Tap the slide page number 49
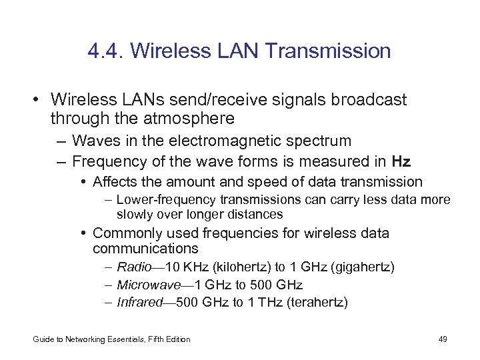tap(443, 339)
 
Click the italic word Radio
tap(133, 267)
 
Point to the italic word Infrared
tap(139, 302)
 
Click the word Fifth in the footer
tap(145, 339)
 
